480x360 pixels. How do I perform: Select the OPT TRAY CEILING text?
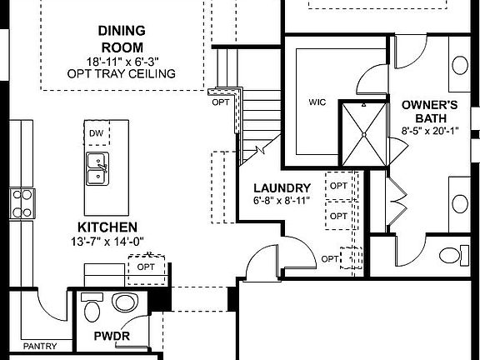(122, 73)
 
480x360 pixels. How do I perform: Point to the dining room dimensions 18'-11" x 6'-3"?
(122, 61)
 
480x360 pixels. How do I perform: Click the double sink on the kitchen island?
(97, 167)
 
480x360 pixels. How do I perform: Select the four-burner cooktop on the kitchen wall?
(22, 203)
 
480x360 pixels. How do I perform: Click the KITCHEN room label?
(107, 227)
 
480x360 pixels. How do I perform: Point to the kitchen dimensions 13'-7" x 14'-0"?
(107, 242)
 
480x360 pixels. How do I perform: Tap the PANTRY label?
(40, 346)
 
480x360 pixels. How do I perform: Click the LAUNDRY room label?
(282, 188)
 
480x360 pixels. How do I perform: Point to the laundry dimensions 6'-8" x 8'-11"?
(282, 201)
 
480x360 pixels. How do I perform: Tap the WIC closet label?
(317, 103)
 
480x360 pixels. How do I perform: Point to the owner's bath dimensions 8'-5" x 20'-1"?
(429, 130)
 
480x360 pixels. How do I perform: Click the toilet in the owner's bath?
(451, 255)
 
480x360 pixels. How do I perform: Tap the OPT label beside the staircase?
(220, 103)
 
